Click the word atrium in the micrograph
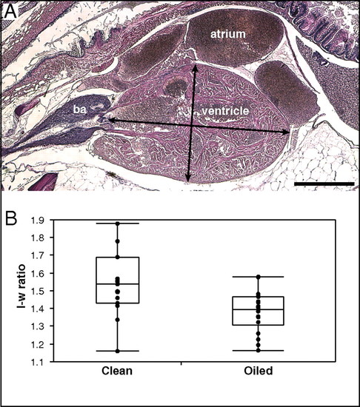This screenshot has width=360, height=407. click(228, 34)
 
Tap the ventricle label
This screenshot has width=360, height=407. click(225, 111)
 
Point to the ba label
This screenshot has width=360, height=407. click(79, 110)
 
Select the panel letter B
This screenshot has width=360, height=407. click(11, 219)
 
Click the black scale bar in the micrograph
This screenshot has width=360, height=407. click(324, 184)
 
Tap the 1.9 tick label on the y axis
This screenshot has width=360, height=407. click(38, 220)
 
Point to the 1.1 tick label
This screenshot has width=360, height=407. click(38, 362)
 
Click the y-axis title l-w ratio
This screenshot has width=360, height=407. click(21, 286)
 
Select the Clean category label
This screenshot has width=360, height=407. click(117, 371)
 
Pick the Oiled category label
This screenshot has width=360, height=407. click(259, 371)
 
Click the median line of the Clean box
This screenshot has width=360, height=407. click(118, 284)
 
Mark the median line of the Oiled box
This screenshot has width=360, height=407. click(259, 309)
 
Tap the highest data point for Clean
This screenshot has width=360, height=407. click(117, 223)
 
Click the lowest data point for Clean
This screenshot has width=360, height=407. click(117, 351)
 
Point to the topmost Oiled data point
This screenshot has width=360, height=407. click(259, 277)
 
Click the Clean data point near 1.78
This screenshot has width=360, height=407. click(117, 241)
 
